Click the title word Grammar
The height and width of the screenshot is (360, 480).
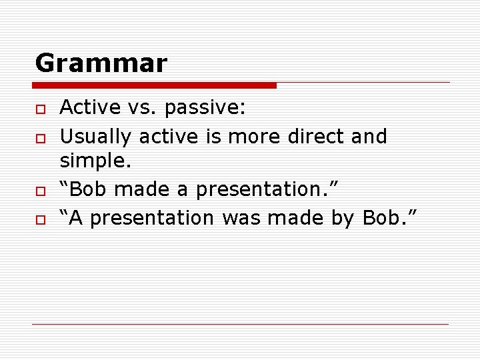click(x=101, y=63)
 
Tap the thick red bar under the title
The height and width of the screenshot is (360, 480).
click(x=155, y=85)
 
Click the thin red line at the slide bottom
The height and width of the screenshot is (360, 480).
click(x=240, y=325)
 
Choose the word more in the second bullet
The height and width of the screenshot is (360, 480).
click(x=254, y=137)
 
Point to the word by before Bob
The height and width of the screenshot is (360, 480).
click(x=343, y=217)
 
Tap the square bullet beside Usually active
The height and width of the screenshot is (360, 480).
click(x=40, y=137)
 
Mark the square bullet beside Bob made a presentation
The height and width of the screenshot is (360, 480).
click(x=40, y=191)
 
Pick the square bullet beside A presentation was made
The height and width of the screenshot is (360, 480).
click(x=40, y=219)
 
